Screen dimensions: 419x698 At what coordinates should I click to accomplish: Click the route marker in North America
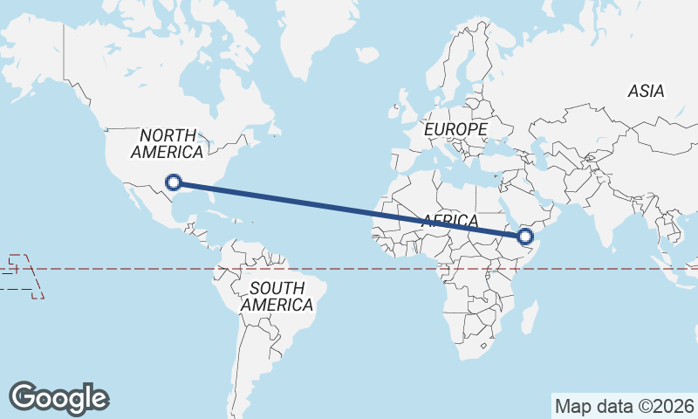click(x=174, y=182)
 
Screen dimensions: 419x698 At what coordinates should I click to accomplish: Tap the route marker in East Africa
click(x=525, y=236)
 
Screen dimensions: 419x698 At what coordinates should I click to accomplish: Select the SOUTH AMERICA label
click(x=277, y=297)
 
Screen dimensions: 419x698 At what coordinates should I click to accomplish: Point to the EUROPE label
click(x=455, y=129)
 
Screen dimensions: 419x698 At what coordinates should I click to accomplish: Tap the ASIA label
click(x=646, y=91)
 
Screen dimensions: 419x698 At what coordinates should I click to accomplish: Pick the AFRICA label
click(x=450, y=221)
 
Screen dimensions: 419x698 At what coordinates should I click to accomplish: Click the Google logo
click(x=58, y=398)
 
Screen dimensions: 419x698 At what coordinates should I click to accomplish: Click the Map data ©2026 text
click(x=624, y=406)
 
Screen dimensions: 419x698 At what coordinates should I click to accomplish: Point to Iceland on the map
click(x=367, y=54)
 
